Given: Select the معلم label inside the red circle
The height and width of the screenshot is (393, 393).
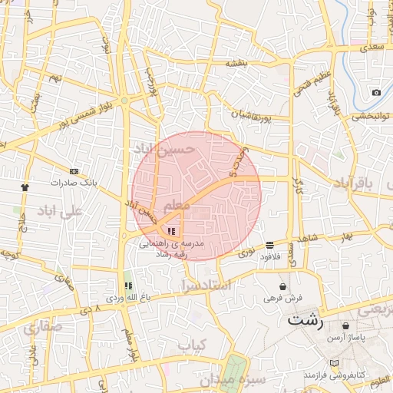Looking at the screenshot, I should tap(177, 205).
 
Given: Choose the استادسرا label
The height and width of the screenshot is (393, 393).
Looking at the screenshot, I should tap(200, 286).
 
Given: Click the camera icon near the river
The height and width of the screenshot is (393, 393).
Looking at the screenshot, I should tap(376, 93).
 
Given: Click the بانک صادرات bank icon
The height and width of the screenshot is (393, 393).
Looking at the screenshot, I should tap(74, 171).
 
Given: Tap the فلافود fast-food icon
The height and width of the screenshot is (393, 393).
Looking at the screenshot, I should tap(269, 244).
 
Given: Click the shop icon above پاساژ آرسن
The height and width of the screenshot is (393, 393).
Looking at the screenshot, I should tap(347, 325).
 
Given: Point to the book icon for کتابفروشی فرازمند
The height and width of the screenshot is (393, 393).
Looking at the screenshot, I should tap(333, 362).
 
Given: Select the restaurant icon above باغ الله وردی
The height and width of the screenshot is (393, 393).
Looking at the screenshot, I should tap(127, 286).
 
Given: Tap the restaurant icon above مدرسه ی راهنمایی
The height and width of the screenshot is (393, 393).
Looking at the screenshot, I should tap(171, 230).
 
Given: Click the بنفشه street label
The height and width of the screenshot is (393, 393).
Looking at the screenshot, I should tap(236, 64).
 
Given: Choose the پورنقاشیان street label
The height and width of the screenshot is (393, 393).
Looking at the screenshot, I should tap(251, 115).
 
